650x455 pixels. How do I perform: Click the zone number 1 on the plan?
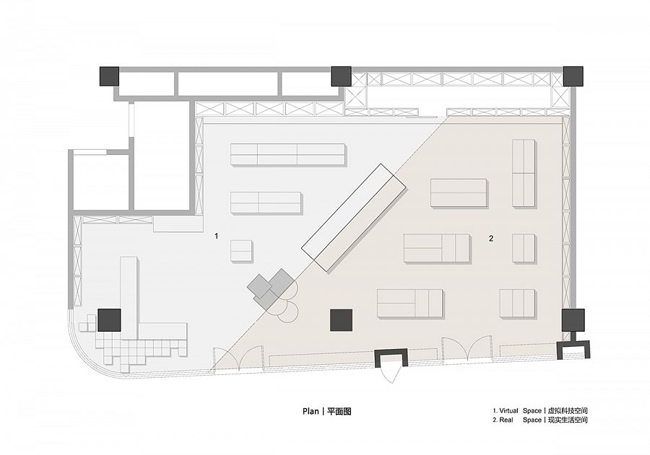(216, 236)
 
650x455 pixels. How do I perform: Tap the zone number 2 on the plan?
(491, 238)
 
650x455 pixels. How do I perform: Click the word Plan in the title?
(311, 411)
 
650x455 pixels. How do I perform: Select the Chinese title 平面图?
(339, 411)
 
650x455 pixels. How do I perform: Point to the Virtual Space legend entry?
(540, 411)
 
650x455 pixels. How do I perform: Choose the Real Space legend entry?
(540, 420)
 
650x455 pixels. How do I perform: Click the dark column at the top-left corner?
(110, 76)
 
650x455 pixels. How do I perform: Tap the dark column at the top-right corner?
(573, 76)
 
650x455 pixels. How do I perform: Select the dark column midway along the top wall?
(341, 76)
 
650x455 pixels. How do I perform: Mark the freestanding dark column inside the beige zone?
(341, 320)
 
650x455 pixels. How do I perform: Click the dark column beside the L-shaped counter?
(110, 319)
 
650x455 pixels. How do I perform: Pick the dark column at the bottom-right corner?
(573, 319)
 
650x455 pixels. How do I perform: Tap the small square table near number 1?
(241, 250)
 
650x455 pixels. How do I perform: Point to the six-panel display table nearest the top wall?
(287, 154)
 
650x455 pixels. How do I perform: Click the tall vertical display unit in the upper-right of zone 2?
(524, 173)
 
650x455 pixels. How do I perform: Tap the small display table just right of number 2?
(524, 248)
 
